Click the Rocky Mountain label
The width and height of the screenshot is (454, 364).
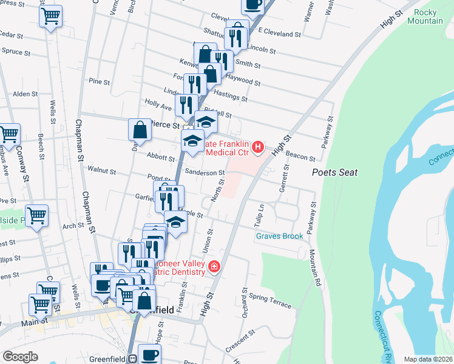429,17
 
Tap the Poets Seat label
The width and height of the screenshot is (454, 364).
334,173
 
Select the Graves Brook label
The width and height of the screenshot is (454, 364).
279,236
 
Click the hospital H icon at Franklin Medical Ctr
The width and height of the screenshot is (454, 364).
259,146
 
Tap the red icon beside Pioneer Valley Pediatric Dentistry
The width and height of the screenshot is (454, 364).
214,266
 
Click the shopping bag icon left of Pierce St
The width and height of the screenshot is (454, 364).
140,130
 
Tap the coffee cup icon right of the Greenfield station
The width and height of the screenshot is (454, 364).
149,354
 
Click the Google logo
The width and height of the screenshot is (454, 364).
20,357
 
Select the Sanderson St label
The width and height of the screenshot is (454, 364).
205,173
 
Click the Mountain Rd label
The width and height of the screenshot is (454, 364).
314,267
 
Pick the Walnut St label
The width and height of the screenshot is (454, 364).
101,171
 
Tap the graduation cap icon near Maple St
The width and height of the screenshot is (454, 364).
176,222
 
